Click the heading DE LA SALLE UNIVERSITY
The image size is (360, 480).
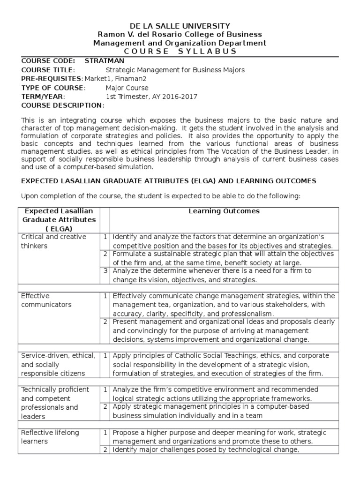coord(180,26)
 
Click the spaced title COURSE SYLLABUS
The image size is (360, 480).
coord(180,52)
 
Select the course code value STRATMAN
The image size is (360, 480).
coord(104,61)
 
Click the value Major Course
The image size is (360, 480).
coord(127,88)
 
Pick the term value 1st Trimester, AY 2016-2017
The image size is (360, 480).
coord(145,97)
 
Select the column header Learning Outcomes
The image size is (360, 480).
coord(224,211)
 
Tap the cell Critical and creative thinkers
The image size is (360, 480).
coord(53,241)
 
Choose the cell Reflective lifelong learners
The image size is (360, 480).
coord(50,437)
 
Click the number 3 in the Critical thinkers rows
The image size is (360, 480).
coord(106,271)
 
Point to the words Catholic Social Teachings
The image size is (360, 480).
coord(208,356)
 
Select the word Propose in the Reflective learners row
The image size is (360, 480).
coord(125,433)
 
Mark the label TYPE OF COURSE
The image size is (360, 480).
coord(52,88)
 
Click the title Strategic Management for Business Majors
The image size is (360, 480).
coord(175,70)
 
